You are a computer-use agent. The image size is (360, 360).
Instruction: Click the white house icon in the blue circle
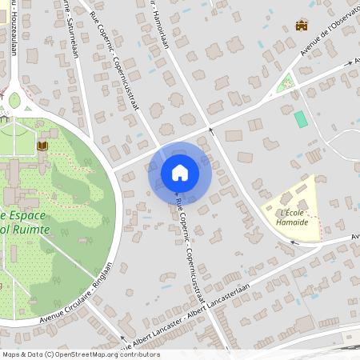point(179,172)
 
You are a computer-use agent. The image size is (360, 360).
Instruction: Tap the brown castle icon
point(302,26)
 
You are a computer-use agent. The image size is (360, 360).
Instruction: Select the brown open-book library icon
point(42,146)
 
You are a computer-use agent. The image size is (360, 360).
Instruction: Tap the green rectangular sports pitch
point(300,119)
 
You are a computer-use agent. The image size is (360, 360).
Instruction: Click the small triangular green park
point(285,83)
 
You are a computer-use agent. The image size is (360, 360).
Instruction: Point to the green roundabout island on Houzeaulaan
point(14,100)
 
